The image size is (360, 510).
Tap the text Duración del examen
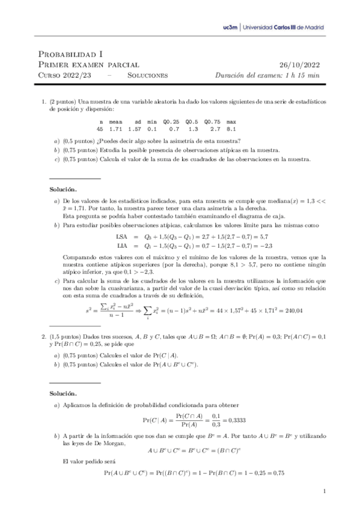pos(249,76)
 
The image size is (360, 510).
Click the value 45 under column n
pos(100,129)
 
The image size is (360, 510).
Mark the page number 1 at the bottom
pos(324,492)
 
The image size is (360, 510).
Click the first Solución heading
pos(63,189)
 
